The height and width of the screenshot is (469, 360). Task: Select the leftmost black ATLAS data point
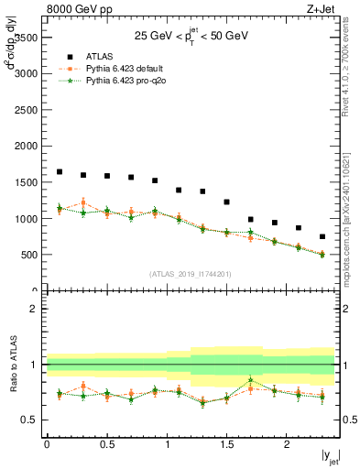coord(60,171)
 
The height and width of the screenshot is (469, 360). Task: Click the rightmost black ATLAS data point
coord(322,236)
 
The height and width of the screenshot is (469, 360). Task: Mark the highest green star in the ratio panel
coord(250,380)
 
